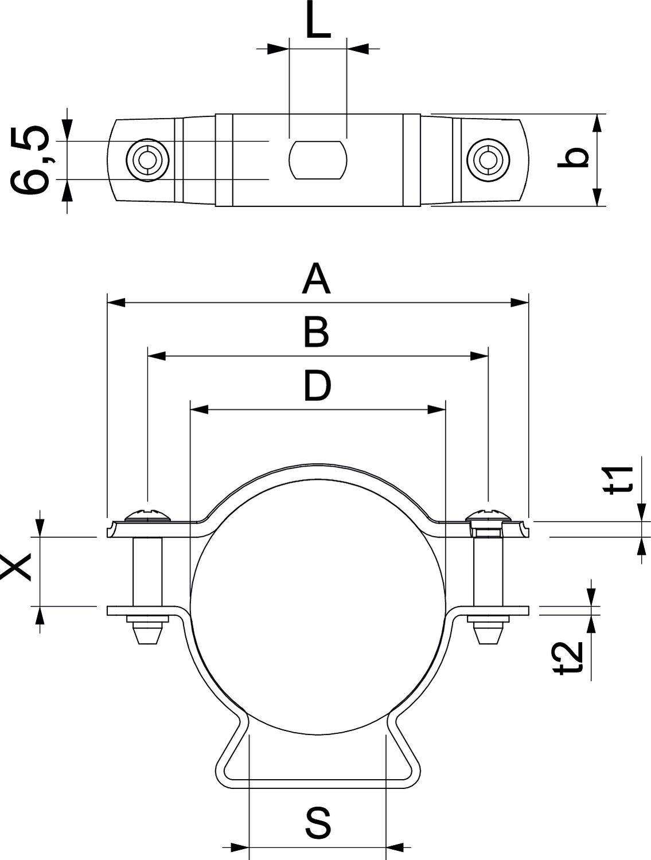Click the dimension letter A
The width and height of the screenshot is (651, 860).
(317, 279)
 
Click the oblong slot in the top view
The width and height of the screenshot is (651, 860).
(318, 159)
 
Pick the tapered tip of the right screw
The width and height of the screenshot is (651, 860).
(488, 635)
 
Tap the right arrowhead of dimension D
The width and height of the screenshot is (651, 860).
(436, 409)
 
